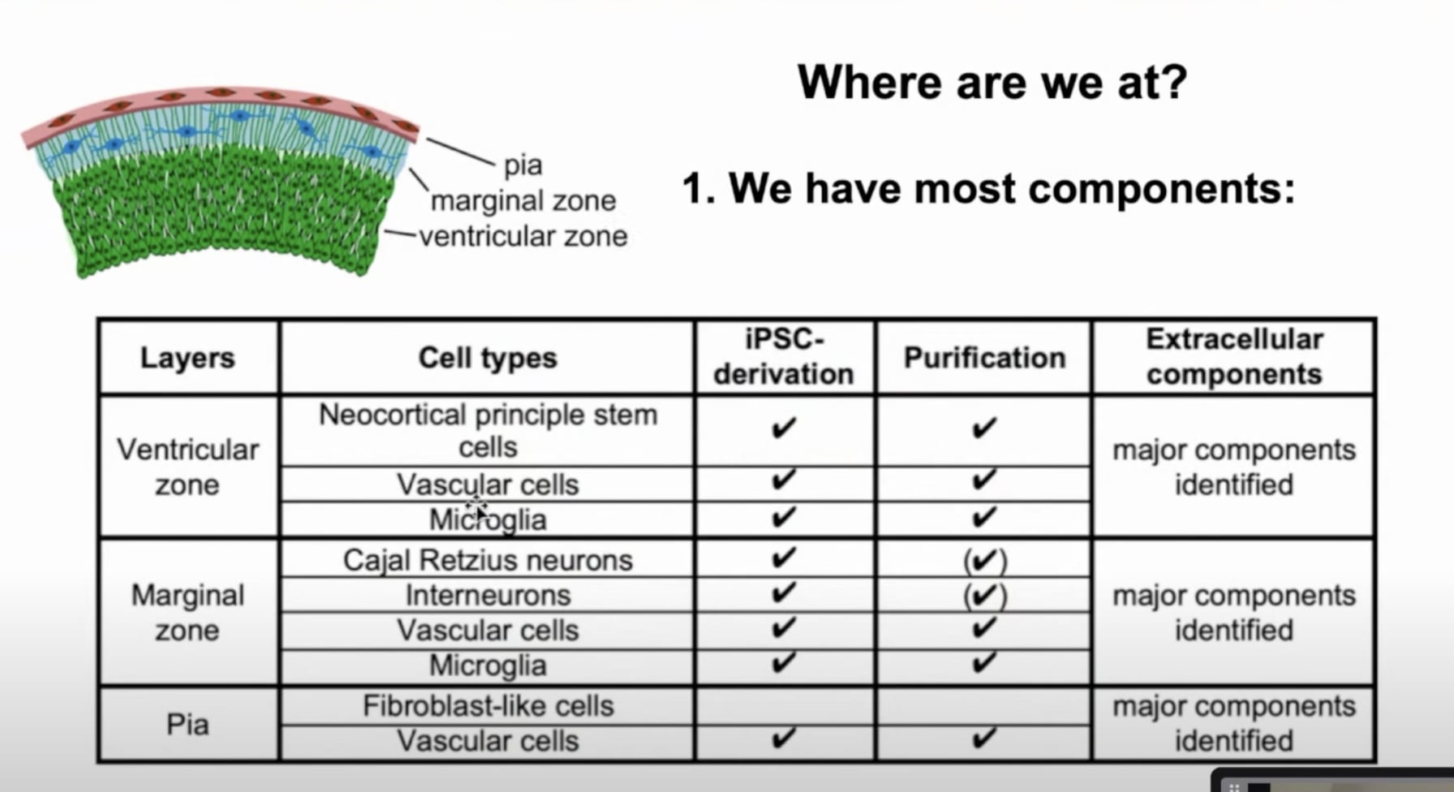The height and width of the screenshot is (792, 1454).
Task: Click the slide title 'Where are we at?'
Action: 992,82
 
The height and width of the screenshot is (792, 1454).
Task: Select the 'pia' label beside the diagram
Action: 523,165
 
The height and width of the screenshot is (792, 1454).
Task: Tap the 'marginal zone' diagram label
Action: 523,200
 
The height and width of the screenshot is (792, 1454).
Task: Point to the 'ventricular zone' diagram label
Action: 523,236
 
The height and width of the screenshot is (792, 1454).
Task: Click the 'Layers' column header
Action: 187,358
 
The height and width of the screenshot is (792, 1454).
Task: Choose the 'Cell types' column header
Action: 488,358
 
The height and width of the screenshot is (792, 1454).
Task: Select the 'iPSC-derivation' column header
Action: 784,357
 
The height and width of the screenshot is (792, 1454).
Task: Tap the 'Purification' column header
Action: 984,358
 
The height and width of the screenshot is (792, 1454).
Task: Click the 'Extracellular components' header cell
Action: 1234,357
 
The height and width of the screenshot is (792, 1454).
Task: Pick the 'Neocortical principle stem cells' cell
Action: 488,431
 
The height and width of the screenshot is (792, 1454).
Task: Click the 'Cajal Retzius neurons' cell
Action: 488,560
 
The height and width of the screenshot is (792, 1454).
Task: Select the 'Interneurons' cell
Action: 488,595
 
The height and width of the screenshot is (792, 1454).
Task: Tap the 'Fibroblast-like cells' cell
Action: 488,706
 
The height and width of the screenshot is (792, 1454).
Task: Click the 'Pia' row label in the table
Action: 187,724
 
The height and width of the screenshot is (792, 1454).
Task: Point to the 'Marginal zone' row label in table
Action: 187,613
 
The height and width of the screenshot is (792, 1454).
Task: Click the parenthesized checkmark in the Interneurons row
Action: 984,596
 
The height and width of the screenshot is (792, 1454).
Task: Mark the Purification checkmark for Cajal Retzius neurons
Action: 984,561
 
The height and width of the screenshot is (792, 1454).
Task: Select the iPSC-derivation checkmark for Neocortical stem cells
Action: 784,428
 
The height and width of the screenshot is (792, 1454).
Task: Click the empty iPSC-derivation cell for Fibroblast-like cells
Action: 785,706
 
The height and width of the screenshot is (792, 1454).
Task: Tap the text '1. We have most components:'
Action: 988,189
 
